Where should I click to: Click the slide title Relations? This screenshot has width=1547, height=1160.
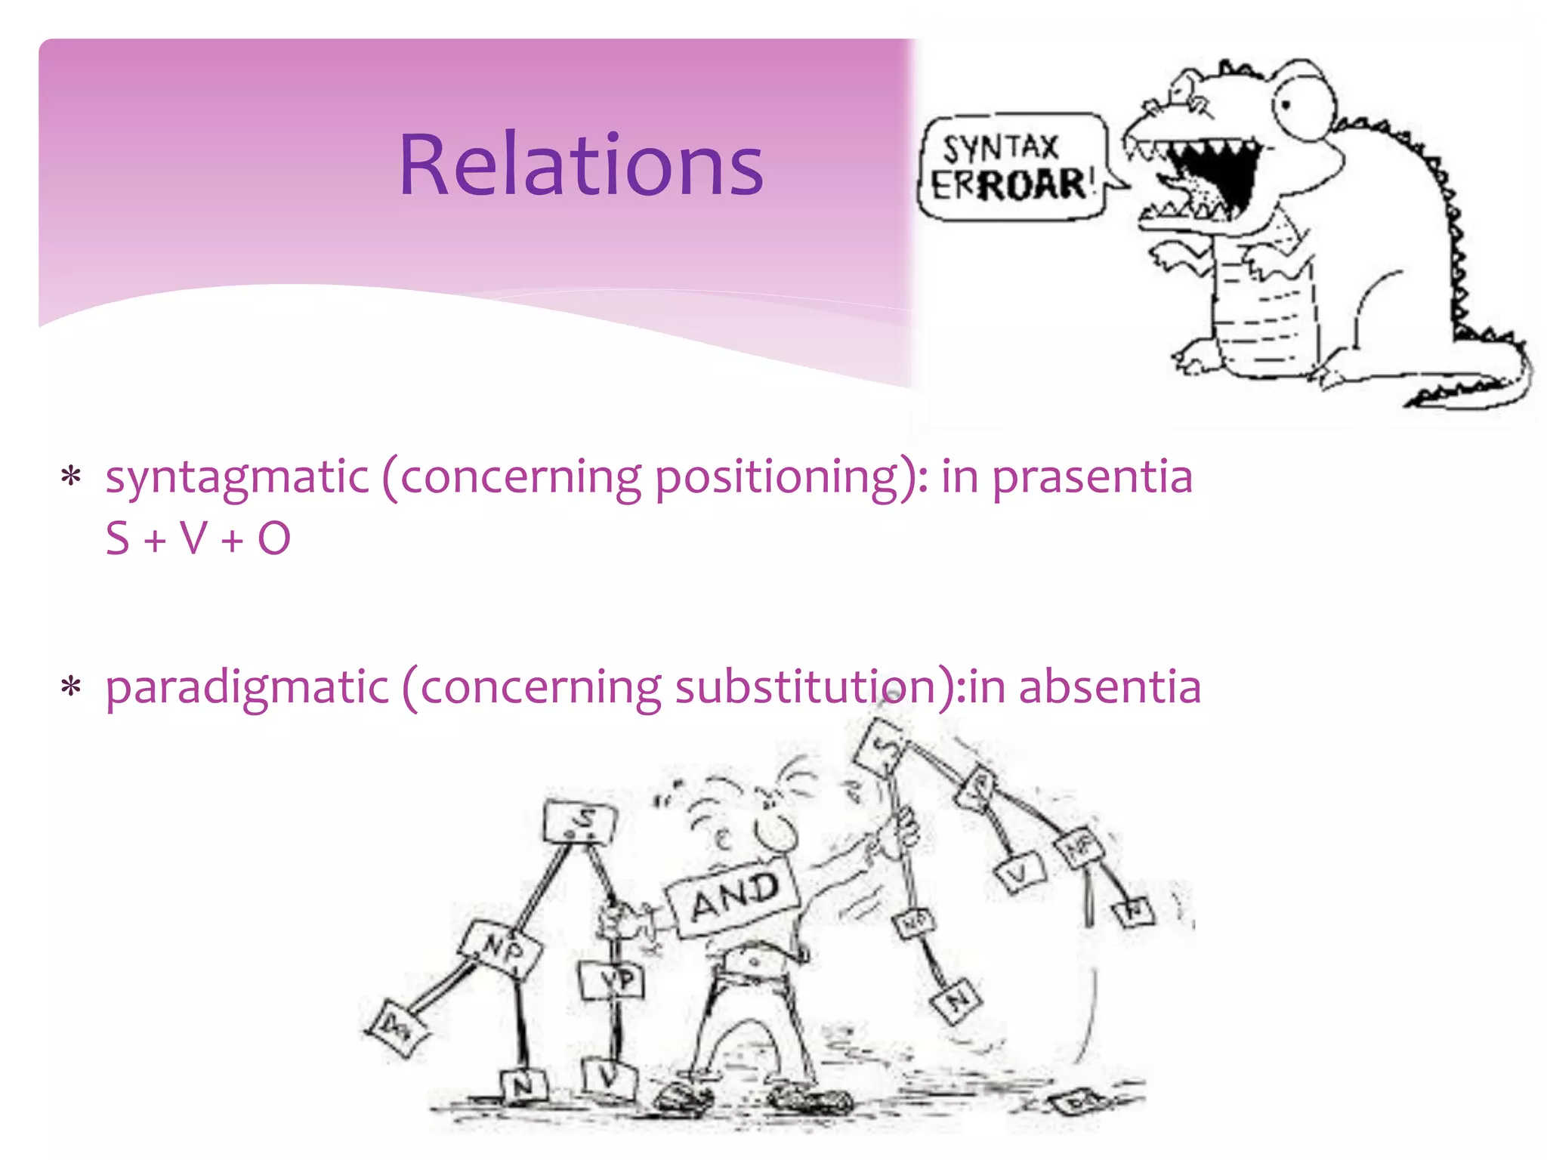pyautogui.click(x=580, y=165)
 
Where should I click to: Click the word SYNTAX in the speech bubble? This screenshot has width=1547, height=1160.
pyautogui.click(x=1000, y=147)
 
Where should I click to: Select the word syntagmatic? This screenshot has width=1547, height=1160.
pyautogui.click(x=237, y=477)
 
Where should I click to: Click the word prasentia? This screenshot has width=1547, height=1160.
pyautogui.click(x=1092, y=477)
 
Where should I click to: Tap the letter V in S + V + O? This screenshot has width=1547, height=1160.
pyautogui.click(x=193, y=538)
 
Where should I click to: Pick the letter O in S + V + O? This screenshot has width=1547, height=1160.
pyautogui.click(x=273, y=538)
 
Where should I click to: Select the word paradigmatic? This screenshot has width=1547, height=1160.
pyautogui.click(x=247, y=687)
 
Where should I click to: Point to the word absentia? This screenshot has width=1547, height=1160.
pyautogui.click(x=1110, y=687)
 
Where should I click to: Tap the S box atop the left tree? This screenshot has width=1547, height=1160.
pyautogui.click(x=580, y=822)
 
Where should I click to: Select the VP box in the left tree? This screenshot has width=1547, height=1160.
pyautogui.click(x=613, y=981)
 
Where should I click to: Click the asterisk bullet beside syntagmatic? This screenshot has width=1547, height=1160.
pyautogui.click(x=71, y=477)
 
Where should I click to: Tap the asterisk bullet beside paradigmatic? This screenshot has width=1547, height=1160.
pyautogui.click(x=71, y=687)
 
